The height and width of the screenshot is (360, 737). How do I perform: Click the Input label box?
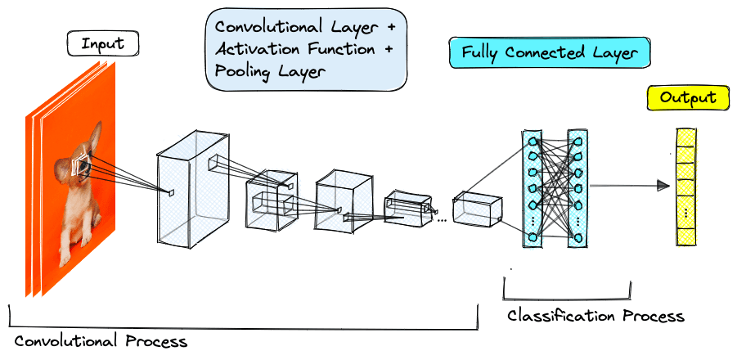pos(103,44)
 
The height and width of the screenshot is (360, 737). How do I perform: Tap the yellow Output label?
pos(688,98)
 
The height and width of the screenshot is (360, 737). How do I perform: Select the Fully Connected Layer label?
pos(549,53)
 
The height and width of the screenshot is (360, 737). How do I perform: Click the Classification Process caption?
pos(595,316)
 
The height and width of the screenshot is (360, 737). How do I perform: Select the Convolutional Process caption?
pos(101,340)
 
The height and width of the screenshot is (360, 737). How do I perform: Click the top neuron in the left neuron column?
pos(532,142)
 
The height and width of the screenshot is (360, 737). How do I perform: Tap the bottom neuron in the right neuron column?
pos(577,237)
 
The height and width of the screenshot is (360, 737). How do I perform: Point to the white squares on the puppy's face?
pos(82,167)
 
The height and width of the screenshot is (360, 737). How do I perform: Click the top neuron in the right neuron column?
pos(577,142)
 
